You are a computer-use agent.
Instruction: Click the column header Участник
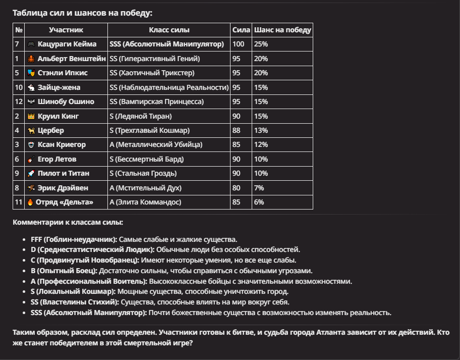[66, 30]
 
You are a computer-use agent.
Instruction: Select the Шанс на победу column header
[282, 30]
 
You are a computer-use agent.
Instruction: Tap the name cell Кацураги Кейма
[67, 44]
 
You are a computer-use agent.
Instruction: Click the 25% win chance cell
[261, 44]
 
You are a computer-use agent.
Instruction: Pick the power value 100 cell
[238, 44]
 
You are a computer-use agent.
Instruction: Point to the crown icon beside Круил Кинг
[31, 116]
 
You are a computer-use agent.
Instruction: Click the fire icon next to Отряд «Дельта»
[30, 202]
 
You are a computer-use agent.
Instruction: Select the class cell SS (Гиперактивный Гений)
[154, 59]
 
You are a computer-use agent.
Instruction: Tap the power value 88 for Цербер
[236, 131]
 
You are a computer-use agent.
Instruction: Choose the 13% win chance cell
[261, 131]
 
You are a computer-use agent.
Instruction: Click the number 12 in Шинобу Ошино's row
[19, 101]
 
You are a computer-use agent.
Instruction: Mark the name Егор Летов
[57, 159]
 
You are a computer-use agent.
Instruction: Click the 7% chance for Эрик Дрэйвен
[259, 188]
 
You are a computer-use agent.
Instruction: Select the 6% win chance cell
[259, 202]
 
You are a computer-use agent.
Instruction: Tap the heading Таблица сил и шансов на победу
[82, 13]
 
